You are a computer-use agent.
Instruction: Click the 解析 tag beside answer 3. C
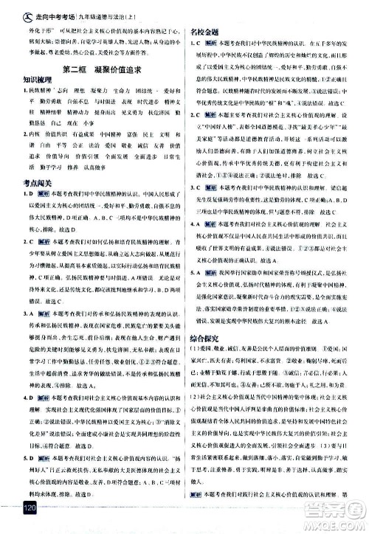pos(214,186)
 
